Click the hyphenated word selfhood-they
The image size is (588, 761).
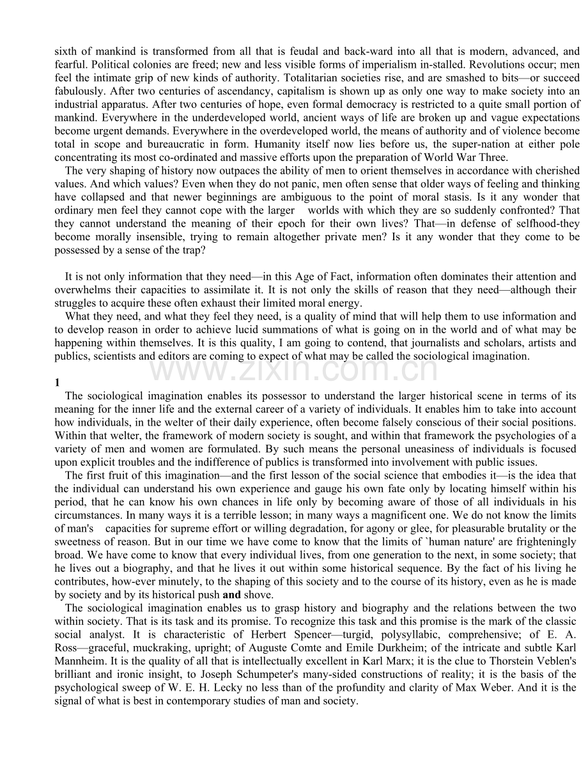click(548, 224)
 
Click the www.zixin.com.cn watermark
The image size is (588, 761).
click(294, 370)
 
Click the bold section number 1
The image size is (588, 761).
click(58, 383)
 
